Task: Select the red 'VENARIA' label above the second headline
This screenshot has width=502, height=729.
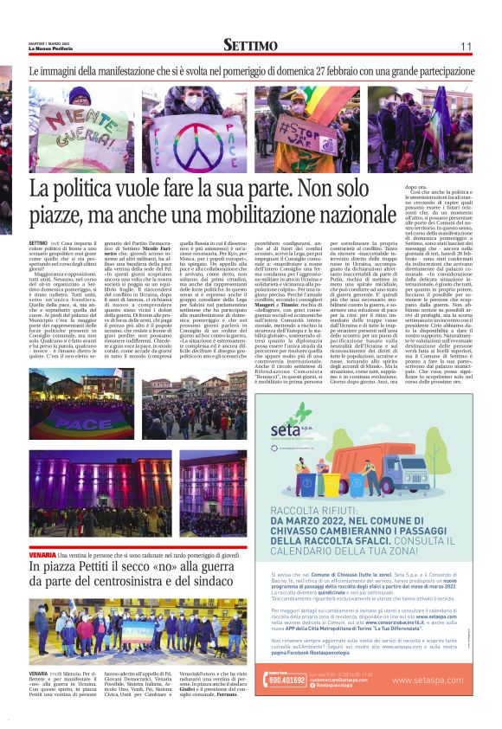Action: tap(42, 552)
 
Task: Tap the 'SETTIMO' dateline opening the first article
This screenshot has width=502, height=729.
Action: tap(38, 245)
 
